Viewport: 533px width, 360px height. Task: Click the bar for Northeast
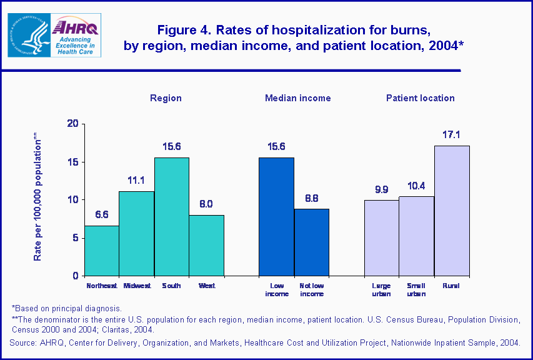(x=102, y=251)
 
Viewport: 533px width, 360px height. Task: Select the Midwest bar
(x=137, y=233)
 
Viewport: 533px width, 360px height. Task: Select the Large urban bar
(x=382, y=237)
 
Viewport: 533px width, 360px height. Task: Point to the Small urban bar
(x=417, y=236)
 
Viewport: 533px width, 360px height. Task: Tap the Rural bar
(x=452, y=211)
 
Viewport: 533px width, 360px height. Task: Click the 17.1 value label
(x=452, y=134)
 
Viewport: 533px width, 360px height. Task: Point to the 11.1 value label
(x=137, y=180)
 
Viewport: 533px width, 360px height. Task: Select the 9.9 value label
(x=382, y=189)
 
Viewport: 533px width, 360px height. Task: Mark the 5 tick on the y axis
(x=76, y=237)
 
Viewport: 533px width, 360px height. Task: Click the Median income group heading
(x=298, y=98)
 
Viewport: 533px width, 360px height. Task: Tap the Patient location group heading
(x=420, y=98)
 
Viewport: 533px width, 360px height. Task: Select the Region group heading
(x=166, y=98)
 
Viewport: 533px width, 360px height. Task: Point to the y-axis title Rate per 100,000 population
(x=37, y=197)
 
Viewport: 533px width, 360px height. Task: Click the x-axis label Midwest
(x=137, y=286)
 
